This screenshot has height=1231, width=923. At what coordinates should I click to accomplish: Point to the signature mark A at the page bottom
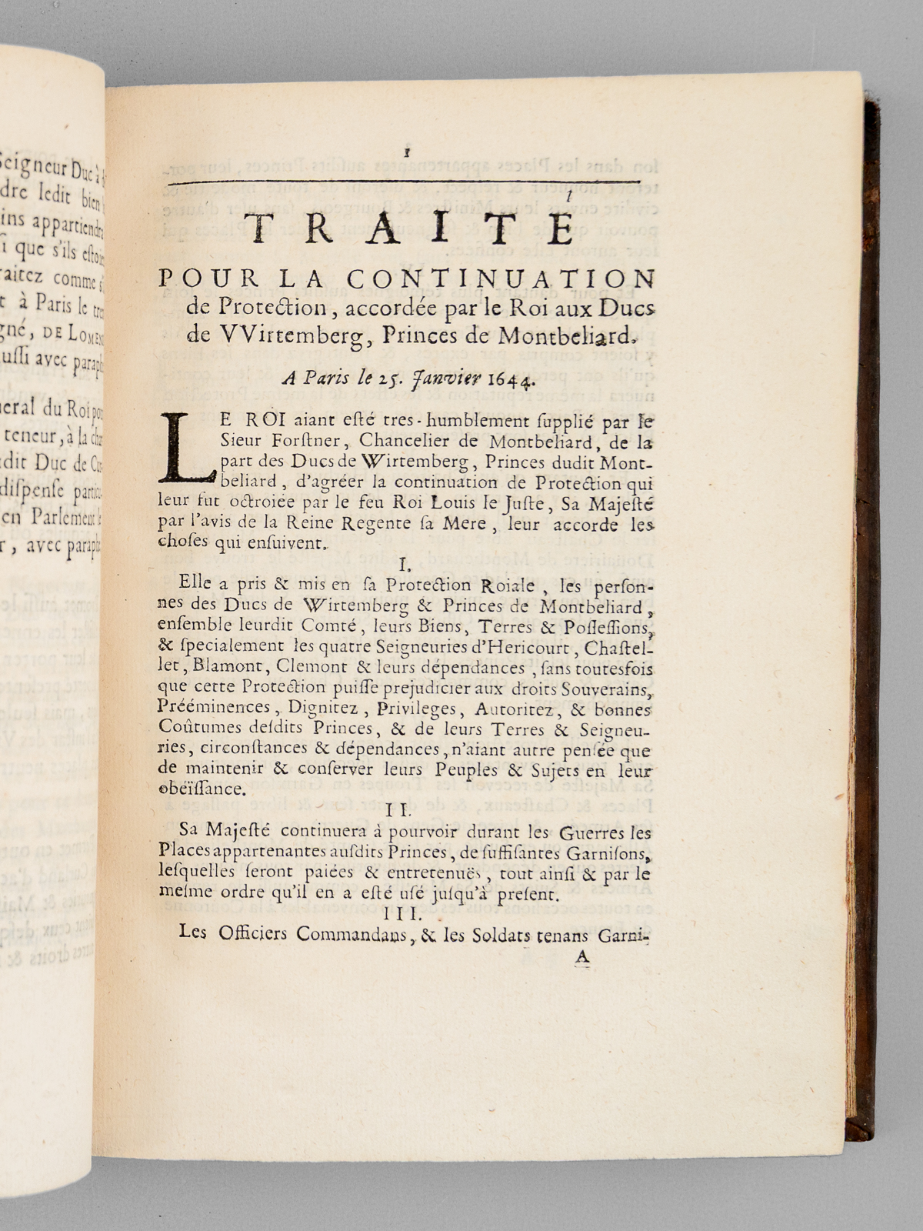582,956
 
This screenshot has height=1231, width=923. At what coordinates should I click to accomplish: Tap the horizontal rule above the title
407,182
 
